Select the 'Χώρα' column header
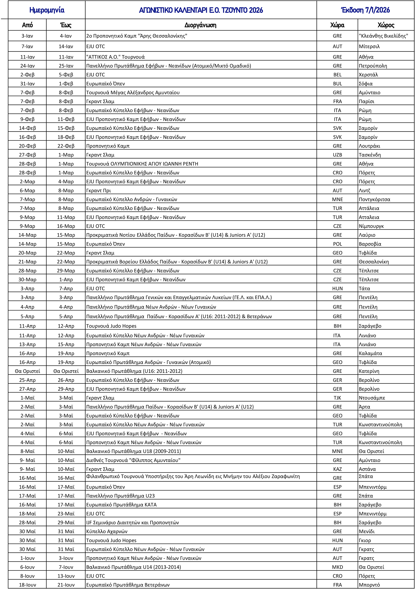[337, 25]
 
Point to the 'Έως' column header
[66, 25]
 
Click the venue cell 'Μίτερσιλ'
[369, 46]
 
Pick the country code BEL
[337, 75]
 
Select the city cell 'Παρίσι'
[366, 101]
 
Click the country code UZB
[337, 155]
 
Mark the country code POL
[337, 244]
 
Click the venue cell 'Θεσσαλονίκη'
[374, 262]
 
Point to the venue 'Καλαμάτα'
[370, 353]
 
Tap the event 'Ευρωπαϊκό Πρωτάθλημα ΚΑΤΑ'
[121, 505]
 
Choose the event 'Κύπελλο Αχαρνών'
[107, 531]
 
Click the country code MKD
[337, 567]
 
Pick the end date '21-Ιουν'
[66, 585]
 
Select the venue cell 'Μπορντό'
[369, 585]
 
